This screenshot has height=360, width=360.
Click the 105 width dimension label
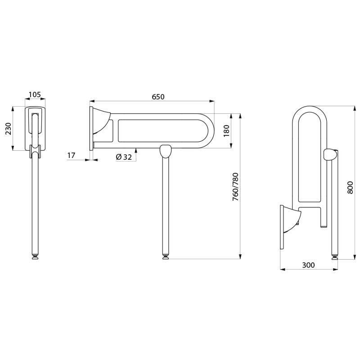click(x=35, y=95)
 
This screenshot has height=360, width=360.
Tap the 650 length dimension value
click(x=158, y=97)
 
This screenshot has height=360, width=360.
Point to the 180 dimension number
click(x=227, y=130)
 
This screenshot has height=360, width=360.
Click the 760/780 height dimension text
click(x=235, y=186)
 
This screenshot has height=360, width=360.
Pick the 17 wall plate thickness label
click(x=71, y=155)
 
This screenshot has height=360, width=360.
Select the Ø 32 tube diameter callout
click(x=124, y=157)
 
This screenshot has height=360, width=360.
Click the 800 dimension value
click(x=350, y=187)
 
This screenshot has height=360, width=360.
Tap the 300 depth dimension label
click(x=308, y=265)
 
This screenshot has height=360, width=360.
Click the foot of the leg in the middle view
click(x=166, y=257)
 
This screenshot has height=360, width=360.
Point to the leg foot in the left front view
click(x=35, y=257)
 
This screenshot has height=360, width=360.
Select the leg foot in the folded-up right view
click(x=334, y=257)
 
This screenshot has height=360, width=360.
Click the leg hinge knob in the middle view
click(x=166, y=151)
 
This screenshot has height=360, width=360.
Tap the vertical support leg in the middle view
click(x=166, y=207)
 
